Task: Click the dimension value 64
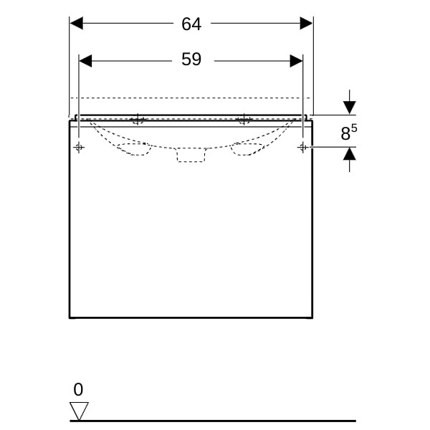tap(191, 24)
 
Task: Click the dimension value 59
tap(191, 59)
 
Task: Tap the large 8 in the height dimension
tap(345, 133)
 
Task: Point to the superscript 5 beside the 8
tap(354, 128)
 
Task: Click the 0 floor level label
tap(78, 389)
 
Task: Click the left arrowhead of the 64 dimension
tap(77, 23)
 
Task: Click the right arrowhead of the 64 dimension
tap(306, 23)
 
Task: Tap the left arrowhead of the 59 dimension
tap(85, 61)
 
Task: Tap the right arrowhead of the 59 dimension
tap(296, 61)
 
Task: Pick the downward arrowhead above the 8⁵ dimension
tap(350, 107)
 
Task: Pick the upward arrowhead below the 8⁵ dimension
tap(350, 154)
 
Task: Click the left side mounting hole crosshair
tap(79, 148)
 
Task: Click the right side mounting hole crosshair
tap(302, 148)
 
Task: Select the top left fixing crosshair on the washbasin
tap(138, 119)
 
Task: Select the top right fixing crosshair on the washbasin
tap(244, 119)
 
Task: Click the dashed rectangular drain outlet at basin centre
tap(191, 155)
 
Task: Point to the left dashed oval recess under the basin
tap(135, 149)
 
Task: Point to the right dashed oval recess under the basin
tap(247, 149)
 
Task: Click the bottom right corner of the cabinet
tap(312, 317)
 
